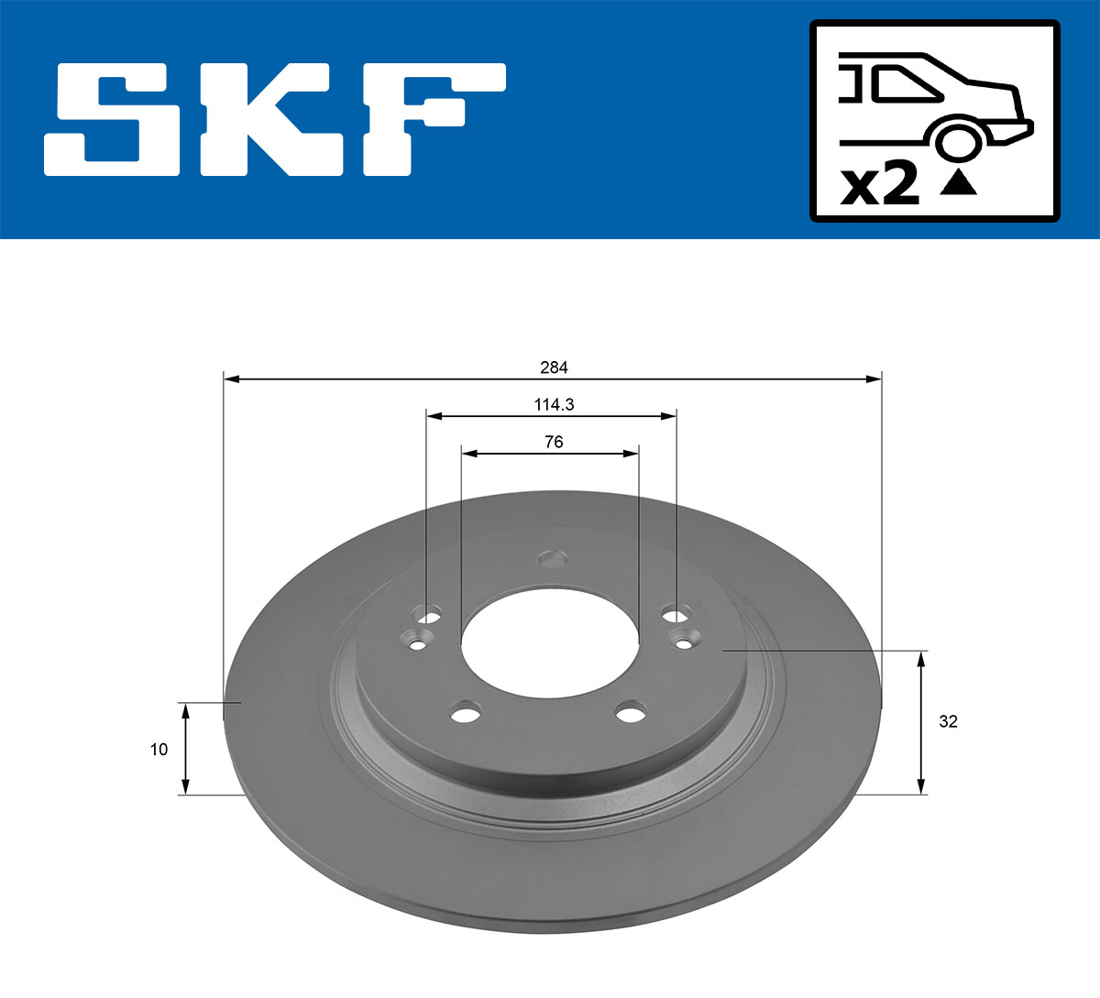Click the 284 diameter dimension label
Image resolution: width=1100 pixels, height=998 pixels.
point(554,367)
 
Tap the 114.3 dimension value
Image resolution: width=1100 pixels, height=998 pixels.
point(554,404)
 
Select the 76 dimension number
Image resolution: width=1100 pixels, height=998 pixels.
point(554,442)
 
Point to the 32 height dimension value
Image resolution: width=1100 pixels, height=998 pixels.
point(948,721)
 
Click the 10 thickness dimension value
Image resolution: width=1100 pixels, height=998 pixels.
point(159,749)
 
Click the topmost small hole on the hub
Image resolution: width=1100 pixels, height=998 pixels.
point(553,557)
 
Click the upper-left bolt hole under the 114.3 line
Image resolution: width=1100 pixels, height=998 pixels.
point(428,612)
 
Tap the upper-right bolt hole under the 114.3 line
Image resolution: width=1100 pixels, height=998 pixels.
point(676,612)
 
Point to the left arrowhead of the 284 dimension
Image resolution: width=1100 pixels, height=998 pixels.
point(231,378)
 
